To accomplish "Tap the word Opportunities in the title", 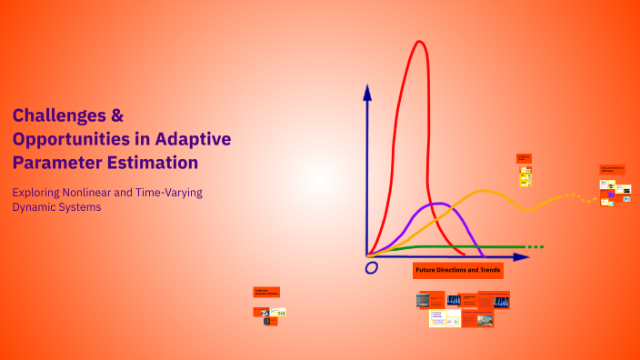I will [69, 139].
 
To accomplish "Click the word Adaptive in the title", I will [193, 139].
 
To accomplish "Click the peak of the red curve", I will [419, 42].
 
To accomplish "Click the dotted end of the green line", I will [536, 246].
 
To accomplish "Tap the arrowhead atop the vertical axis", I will [367, 91].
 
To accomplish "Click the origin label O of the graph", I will [371, 268].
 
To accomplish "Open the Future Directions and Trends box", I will [458, 271].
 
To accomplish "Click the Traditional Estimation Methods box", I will [266, 292].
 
